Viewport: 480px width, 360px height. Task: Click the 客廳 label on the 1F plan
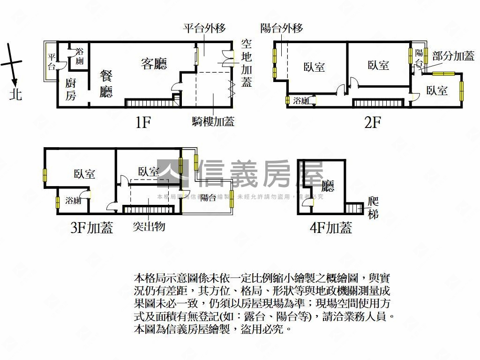[x=154, y=64]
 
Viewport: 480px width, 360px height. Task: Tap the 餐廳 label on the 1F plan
[x=106, y=84]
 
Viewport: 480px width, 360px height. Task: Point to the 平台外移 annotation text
[x=204, y=28]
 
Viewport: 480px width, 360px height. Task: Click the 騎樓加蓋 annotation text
[x=213, y=122]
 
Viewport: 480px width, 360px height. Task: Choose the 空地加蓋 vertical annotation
[x=247, y=63]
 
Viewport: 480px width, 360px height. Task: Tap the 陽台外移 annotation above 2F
[x=282, y=28]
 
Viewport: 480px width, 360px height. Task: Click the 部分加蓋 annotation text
[x=453, y=56]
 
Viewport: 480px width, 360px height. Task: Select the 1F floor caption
[x=142, y=123]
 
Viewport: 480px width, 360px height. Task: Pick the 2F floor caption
[x=373, y=123]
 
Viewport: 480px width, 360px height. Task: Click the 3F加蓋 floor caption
[x=92, y=228]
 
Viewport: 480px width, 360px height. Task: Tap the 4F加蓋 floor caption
[x=331, y=228]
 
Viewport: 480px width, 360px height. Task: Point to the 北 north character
[x=16, y=95]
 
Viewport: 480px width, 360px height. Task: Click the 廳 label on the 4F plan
[x=328, y=187]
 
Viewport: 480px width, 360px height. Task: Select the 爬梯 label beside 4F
[x=374, y=208]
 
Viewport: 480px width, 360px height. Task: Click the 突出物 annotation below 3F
[x=149, y=227]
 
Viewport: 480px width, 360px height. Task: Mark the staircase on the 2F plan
[x=378, y=103]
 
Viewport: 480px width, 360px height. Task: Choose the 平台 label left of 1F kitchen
[x=52, y=62]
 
